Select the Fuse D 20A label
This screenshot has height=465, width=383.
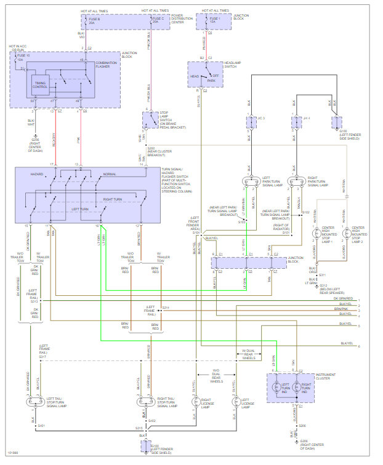click(159, 20)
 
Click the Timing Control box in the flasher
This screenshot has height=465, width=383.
click(41, 86)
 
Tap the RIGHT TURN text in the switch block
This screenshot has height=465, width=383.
click(113, 199)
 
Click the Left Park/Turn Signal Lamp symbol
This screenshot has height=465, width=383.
click(249, 183)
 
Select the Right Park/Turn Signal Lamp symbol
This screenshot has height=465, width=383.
click(297, 183)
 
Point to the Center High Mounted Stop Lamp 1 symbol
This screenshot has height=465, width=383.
click(316, 234)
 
